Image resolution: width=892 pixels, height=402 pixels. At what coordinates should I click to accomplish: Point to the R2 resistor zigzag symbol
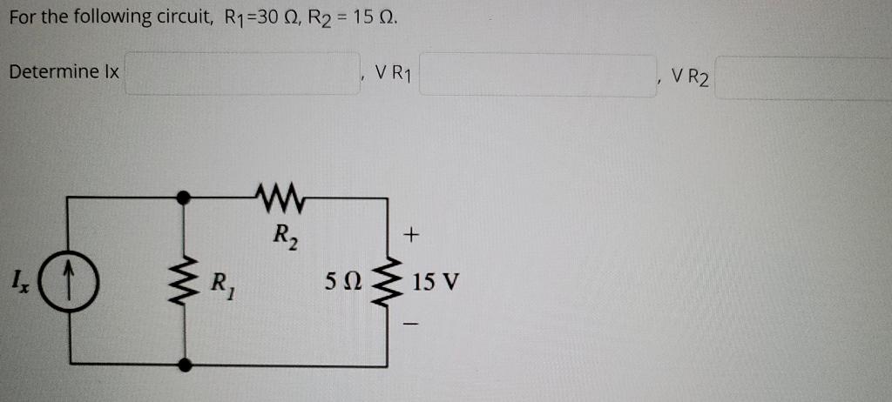[x=280, y=198]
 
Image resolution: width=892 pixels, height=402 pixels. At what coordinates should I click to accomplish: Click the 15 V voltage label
[x=436, y=283]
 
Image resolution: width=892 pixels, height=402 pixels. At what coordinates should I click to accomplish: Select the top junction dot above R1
[x=182, y=198]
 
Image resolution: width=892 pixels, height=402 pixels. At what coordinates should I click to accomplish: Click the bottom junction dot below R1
[x=182, y=365]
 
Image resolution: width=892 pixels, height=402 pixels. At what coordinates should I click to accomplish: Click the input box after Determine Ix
[x=243, y=74]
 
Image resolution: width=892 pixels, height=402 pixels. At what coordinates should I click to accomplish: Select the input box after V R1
[x=537, y=75]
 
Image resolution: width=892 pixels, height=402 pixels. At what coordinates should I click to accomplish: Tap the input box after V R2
[x=803, y=79]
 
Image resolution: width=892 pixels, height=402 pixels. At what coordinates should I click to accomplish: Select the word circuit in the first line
[x=176, y=17]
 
